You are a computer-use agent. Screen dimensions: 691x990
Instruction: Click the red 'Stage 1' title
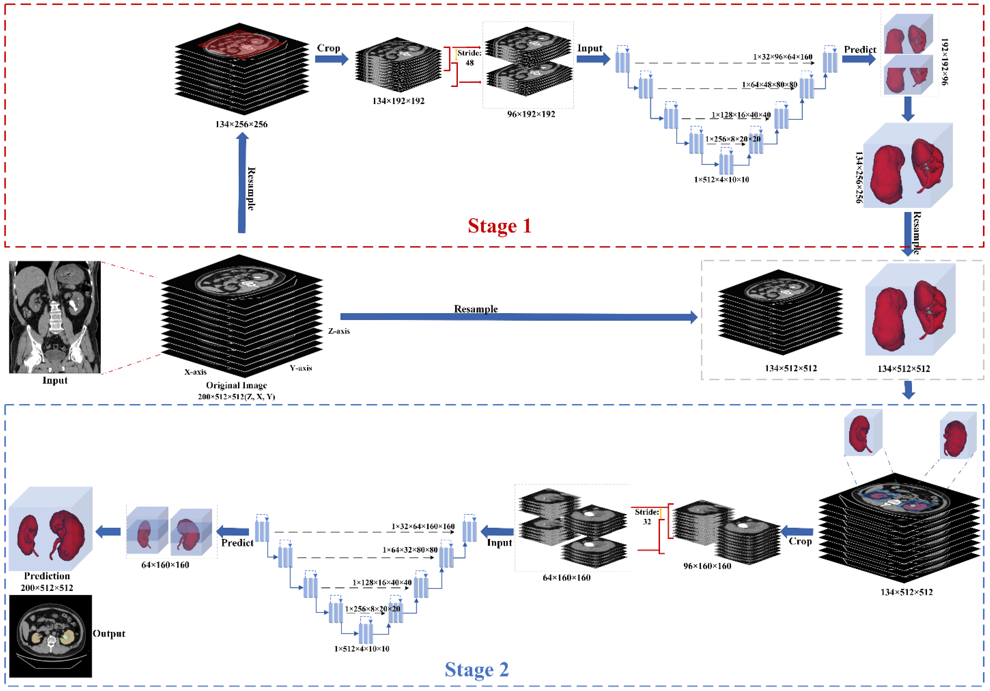click(499, 226)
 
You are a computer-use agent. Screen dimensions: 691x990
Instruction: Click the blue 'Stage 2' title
click(476, 669)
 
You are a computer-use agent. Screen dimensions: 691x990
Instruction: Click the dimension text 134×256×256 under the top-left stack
click(241, 125)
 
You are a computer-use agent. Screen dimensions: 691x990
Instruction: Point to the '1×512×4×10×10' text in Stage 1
click(721, 180)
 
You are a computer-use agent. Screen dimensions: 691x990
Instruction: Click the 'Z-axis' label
click(339, 331)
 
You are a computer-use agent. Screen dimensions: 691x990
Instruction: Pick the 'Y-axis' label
click(301, 368)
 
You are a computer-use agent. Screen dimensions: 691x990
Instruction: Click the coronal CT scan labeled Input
click(55, 317)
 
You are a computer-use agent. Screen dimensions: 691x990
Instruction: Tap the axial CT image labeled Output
click(50, 636)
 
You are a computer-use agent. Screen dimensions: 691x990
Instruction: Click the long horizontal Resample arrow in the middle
click(517, 317)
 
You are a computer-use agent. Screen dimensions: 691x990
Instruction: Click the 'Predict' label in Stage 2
click(237, 543)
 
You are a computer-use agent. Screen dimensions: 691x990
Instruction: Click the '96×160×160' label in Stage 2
click(707, 566)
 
